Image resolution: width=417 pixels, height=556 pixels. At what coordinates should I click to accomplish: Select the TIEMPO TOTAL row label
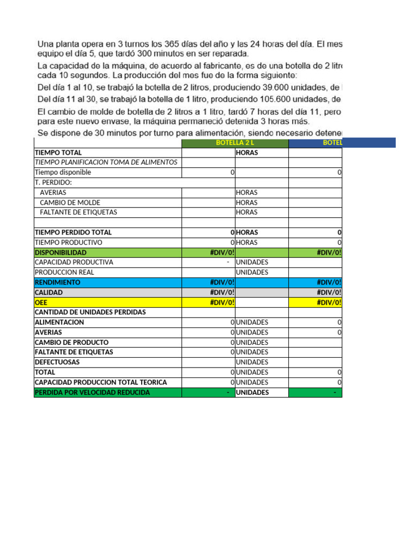click(x=58, y=153)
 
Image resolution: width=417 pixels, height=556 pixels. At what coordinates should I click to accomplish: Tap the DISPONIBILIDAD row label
click(x=60, y=252)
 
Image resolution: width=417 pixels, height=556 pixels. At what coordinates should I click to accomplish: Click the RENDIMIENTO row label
click(x=58, y=282)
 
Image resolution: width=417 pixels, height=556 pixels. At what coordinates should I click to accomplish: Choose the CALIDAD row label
click(x=49, y=293)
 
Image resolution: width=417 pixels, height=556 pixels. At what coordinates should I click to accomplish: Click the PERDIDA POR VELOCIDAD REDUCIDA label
click(x=92, y=393)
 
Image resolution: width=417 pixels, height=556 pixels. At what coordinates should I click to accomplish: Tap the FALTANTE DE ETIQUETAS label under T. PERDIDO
click(x=78, y=212)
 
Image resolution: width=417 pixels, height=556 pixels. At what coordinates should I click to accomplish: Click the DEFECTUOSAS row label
click(x=57, y=362)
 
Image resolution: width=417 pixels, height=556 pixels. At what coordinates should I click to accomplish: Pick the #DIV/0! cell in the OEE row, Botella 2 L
click(x=222, y=302)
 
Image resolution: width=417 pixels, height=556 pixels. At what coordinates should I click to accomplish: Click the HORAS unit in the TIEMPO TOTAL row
click(x=247, y=153)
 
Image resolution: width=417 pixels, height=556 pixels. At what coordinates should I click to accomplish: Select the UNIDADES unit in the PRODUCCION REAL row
click(x=252, y=272)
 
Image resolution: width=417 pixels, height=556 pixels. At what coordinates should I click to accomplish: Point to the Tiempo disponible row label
click(x=63, y=173)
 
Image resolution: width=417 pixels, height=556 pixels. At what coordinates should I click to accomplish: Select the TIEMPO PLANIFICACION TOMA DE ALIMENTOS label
click(x=106, y=163)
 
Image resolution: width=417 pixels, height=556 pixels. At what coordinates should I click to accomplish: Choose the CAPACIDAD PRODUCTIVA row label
click(x=74, y=262)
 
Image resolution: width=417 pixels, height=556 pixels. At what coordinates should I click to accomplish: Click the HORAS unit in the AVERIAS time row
click(x=247, y=193)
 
